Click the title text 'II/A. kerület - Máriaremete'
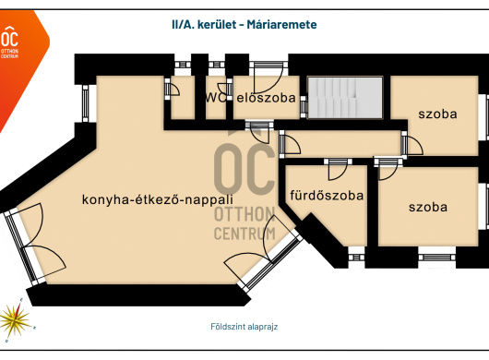pyautogui.click(x=244, y=24)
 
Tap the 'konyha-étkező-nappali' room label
pyautogui.click(x=158, y=199)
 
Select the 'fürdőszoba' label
pyautogui.click(x=327, y=196)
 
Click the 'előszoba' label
pyautogui.click(x=266, y=98)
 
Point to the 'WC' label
pyautogui.click(x=216, y=98)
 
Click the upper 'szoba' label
pyautogui.click(x=437, y=114)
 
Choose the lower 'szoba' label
pyautogui.click(x=428, y=207)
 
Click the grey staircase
pyautogui.click(x=345, y=98)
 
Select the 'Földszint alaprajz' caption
pyautogui.click(x=244, y=327)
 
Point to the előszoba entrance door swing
pyautogui.click(x=268, y=78)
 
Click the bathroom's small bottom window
pyautogui.click(x=356, y=258)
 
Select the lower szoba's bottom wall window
pyautogui.click(x=436, y=258)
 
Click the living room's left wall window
pyautogui.click(x=86, y=103)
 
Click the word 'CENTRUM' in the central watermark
pyautogui.click(x=244, y=234)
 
